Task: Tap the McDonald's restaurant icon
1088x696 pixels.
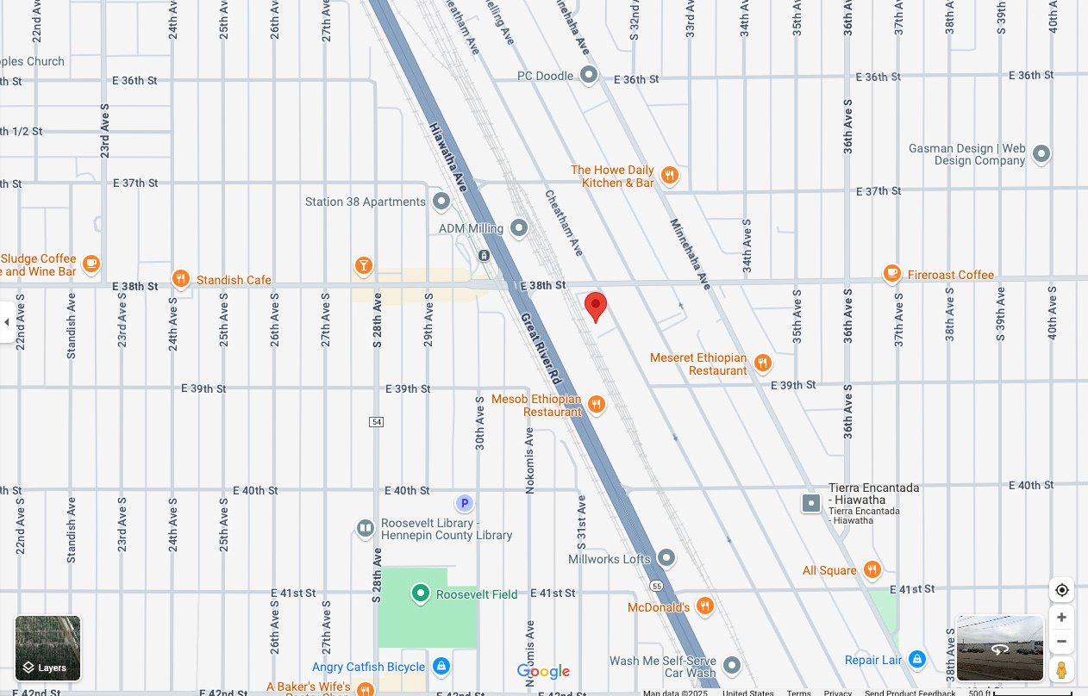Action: coord(704,606)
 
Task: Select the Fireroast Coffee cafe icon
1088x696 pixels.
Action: coord(892,274)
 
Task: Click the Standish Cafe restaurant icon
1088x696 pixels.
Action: coord(180,278)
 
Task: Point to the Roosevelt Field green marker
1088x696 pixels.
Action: coord(420,593)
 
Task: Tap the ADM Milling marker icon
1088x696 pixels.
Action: coord(519,228)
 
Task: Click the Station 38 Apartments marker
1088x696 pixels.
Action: coord(441,202)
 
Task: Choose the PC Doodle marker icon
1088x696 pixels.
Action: coord(589,75)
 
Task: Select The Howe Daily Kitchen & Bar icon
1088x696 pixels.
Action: coord(670,177)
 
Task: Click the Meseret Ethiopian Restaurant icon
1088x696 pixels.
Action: coord(762,364)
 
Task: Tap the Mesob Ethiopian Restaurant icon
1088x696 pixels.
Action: coord(597,404)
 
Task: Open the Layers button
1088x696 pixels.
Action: coord(48,648)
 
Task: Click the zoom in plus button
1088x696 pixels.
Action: coord(1061,618)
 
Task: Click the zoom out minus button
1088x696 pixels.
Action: coord(1061,642)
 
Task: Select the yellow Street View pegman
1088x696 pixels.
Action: coord(1061,669)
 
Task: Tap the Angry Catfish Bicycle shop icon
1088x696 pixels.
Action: coord(441,666)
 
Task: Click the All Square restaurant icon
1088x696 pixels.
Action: coord(872,569)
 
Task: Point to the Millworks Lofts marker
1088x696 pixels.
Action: coord(666,558)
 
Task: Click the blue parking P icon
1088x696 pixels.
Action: coord(464,503)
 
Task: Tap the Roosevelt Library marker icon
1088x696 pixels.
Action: coord(366,527)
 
